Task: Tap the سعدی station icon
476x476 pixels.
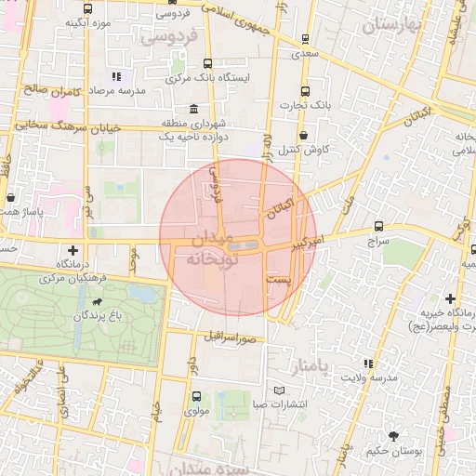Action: (305, 39)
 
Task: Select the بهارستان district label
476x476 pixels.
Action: (393, 25)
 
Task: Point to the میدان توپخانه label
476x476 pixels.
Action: (213, 249)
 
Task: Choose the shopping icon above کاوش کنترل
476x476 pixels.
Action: (303, 135)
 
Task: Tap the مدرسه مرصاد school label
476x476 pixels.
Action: (94, 92)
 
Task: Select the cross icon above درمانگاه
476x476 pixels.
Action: (73, 250)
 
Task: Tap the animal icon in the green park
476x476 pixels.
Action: (97, 302)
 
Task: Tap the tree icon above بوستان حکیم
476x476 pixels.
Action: (392, 436)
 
